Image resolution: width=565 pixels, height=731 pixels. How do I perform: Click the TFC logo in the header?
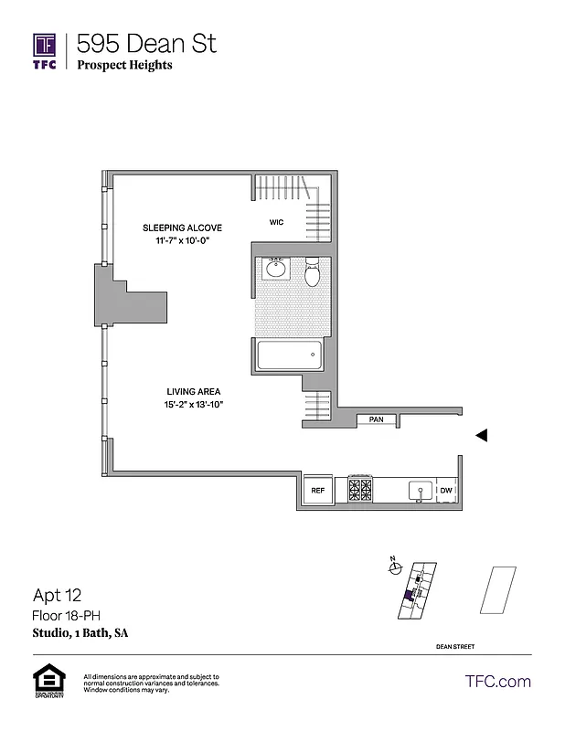click(45, 49)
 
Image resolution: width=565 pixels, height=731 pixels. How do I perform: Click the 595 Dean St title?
click(146, 42)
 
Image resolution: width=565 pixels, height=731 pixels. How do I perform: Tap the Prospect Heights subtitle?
click(124, 65)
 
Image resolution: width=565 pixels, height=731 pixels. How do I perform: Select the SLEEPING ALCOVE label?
click(181, 228)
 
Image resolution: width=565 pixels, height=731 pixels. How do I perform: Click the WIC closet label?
click(276, 222)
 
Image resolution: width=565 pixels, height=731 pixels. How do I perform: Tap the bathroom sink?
click(276, 268)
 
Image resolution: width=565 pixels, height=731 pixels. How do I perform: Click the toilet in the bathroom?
click(313, 270)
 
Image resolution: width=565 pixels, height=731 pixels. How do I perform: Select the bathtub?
click(289, 355)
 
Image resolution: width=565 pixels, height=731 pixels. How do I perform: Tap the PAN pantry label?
click(376, 419)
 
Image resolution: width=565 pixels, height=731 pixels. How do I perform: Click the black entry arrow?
click(481, 436)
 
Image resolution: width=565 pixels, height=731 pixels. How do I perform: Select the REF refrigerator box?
click(317, 491)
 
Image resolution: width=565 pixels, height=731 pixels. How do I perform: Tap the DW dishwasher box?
click(446, 491)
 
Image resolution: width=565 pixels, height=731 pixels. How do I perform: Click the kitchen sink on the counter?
click(420, 491)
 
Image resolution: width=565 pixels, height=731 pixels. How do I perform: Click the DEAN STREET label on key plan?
click(455, 647)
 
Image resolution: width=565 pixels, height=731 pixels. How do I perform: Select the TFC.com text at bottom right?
click(498, 682)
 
